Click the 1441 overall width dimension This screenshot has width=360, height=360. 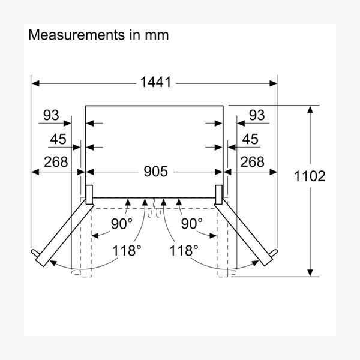(x=155, y=82)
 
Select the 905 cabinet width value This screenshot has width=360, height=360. (x=155, y=172)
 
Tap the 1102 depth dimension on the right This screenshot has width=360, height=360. (x=310, y=176)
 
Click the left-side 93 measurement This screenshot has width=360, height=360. (x=51, y=115)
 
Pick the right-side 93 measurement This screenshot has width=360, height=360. (x=257, y=115)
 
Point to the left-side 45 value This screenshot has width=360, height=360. (x=58, y=139)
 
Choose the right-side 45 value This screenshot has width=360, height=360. (x=250, y=139)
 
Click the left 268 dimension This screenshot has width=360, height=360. (x=56, y=161)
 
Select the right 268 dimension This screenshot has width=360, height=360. (x=253, y=161)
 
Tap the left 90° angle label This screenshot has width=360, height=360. (x=122, y=224)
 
